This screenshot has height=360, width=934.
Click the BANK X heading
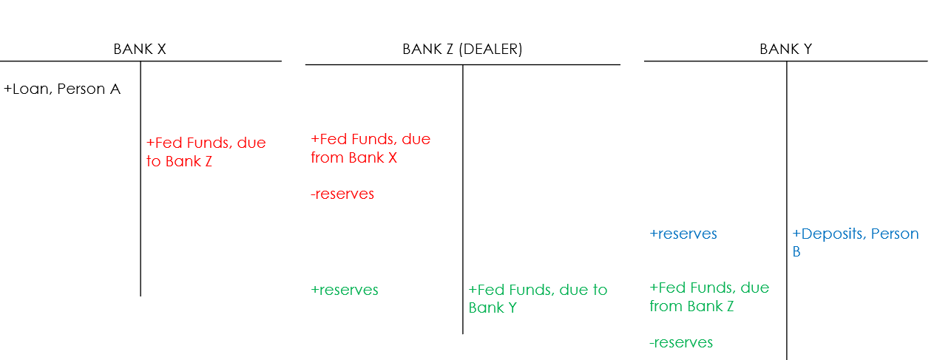tap(139, 50)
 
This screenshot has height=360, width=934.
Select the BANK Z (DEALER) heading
tap(462, 50)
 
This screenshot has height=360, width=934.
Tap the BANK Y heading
tap(785, 50)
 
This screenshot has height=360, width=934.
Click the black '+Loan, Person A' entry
tap(62, 89)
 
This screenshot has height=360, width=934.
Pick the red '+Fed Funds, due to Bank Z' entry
tap(206, 152)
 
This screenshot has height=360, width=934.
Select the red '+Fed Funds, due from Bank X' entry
tap(370, 149)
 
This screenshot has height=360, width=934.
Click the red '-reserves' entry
tap(342, 194)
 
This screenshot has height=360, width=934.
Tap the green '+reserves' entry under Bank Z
tap(345, 291)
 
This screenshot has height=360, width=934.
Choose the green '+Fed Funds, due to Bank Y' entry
tap(538, 299)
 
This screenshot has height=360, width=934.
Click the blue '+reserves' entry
tap(683, 234)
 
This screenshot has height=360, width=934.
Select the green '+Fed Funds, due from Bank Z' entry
tap(709, 296)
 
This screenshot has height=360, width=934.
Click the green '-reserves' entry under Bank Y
tap(681, 342)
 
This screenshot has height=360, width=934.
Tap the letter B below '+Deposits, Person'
tap(796, 252)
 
